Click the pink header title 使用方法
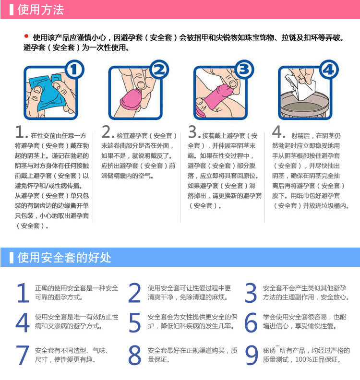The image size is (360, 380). click(x=40, y=10)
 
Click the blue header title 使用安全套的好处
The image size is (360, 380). click(x=64, y=257)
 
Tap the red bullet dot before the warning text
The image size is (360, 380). click(x=26, y=36)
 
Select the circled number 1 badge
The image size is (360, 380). click(x=74, y=70)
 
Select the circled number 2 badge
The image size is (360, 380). click(x=159, y=70)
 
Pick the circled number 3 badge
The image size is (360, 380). click(x=244, y=70)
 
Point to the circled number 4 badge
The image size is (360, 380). click(x=329, y=70)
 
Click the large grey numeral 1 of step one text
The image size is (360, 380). click(x=19, y=132)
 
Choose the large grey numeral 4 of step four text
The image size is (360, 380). click(x=277, y=132)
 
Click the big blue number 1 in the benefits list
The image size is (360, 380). click(x=23, y=293)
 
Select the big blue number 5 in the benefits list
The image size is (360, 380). click(x=135, y=322)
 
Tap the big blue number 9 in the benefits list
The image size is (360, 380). click(x=252, y=355)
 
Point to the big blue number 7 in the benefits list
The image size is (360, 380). click(x=22, y=355)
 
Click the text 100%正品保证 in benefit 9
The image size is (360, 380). click(x=318, y=359)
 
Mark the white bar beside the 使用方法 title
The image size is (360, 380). click(x=11, y=10)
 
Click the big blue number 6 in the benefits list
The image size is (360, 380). click(x=251, y=322)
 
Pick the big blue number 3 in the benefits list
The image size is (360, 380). click(x=251, y=293)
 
